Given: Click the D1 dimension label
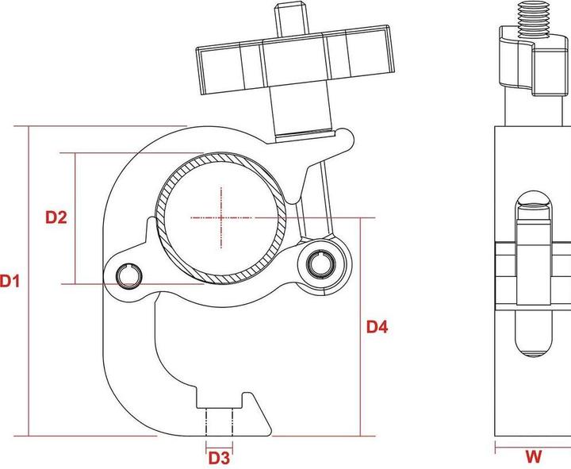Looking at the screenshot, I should [x=10, y=280].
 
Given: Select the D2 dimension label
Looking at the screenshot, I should [x=56, y=217].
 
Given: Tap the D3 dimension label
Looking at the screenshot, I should [x=219, y=458].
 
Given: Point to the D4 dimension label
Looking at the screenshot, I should [x=377, y=326].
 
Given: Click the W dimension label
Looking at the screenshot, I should [x=534, y=456].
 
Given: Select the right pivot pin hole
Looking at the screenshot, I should [x=320, y=262].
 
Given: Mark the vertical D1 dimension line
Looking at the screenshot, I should [x=29, y=357].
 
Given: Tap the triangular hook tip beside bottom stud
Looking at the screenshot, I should [x=252, y=409].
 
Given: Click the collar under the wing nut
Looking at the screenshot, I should [x=300, y=111].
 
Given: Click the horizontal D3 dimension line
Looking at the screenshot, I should [x=220, y=444].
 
